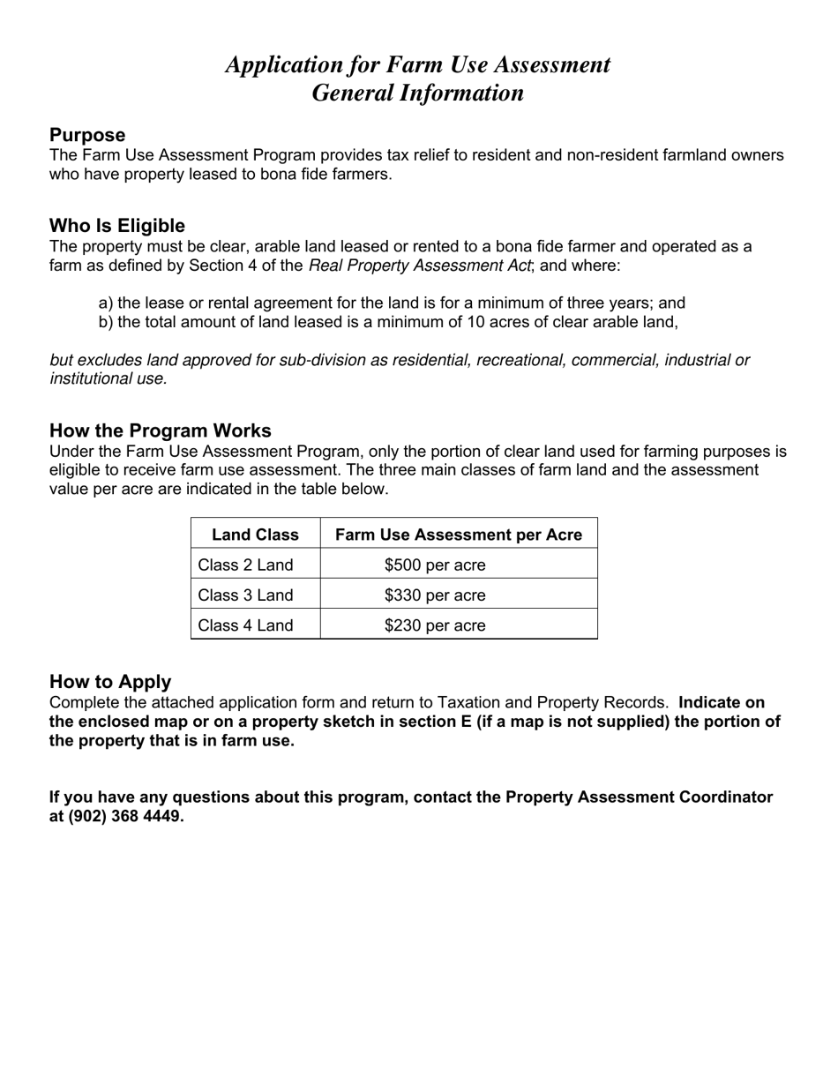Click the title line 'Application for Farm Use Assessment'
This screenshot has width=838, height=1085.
tap(418, 64)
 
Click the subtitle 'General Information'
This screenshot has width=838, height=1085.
tap(418, 93)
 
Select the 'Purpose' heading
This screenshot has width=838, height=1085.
tap(87, 135)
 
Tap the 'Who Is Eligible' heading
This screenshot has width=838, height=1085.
tap(117, 226)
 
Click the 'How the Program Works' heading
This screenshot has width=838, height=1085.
tap(161, 430)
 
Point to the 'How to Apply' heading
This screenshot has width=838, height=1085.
tap(110, 682)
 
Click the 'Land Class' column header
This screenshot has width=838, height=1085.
tap(255, 535)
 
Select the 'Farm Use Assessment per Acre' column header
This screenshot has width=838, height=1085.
tap(459, 535)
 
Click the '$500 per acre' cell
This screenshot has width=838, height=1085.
tap(435, 565)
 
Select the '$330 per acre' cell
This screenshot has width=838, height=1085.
tap(435, 595)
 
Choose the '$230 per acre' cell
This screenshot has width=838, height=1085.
tap(435, 625)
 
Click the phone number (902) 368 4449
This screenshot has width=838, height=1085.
tap(126, 816)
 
